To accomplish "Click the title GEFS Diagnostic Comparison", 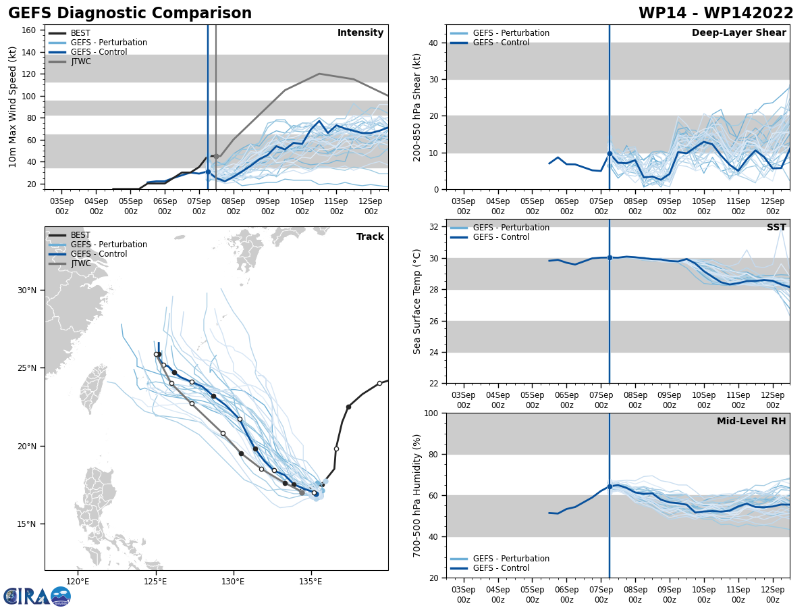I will [x=130, y=14].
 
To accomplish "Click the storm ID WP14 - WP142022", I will [x=715, y=14].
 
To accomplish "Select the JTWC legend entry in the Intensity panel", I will [x=80, y=61].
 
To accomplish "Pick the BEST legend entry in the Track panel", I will [x=80, y=235].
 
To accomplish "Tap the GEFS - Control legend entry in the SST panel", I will [x=501, y=237].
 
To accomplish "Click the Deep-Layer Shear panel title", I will [x=738, y=33].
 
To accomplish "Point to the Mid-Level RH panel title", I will [x=751, y=422].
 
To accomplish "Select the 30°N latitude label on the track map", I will [x=27, y=290].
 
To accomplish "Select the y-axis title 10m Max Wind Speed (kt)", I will [x=13, y=107].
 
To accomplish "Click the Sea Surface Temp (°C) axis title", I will [x=418, y=301].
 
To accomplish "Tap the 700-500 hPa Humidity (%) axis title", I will [x=418, y=495].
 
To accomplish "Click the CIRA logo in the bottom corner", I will [x=37, y=596].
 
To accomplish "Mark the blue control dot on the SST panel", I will [x=610, y=257].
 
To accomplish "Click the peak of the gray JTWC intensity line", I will [x=319, y=74].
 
